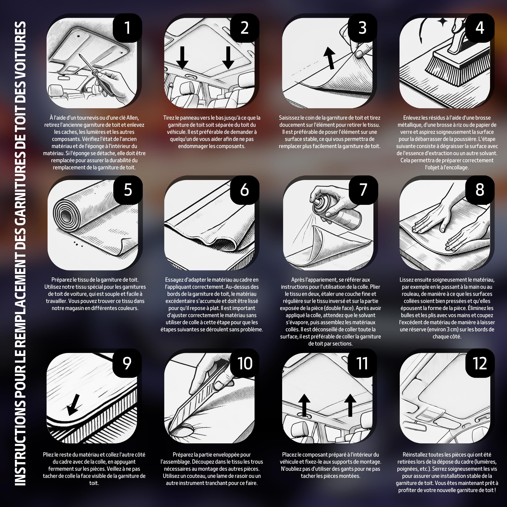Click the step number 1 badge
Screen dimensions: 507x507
coord(128,28)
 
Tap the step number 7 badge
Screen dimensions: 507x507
coord(363,190)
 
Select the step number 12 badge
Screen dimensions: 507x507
coord(480,363)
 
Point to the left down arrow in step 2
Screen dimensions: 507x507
coord(182,58)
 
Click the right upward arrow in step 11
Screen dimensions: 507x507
coord(350,405)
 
